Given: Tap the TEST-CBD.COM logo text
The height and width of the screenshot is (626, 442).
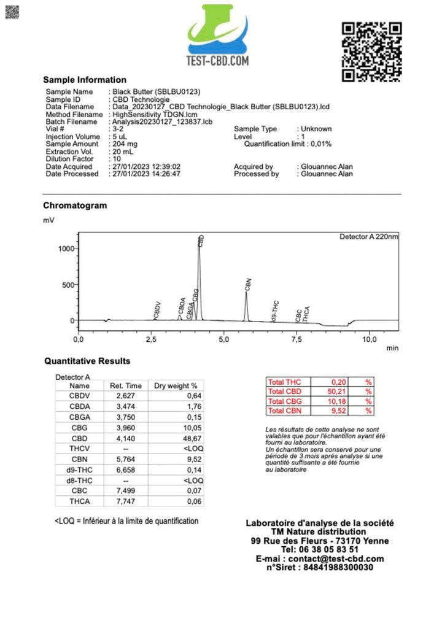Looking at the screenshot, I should point(217,61).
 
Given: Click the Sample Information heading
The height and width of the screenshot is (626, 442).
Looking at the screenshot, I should point(85,80).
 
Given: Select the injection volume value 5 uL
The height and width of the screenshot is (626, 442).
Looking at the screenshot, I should point(120,137).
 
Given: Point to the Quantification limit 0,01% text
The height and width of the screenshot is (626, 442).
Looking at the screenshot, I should point(288,144).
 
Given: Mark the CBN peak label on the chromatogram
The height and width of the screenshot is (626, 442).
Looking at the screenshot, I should point(248,284).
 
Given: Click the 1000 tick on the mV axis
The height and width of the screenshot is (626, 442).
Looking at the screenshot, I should point(66,249).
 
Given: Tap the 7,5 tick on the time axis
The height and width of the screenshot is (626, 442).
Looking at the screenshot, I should point(297,339).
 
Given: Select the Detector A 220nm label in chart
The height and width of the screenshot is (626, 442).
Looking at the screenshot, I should point(368,236).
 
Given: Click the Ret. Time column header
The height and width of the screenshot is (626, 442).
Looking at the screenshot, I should point(126,386).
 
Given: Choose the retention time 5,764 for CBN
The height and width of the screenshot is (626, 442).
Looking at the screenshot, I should point(126,459).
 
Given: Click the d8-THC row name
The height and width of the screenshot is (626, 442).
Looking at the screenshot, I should point(79,480).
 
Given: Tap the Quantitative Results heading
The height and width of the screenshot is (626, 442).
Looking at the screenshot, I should point(87,361).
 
